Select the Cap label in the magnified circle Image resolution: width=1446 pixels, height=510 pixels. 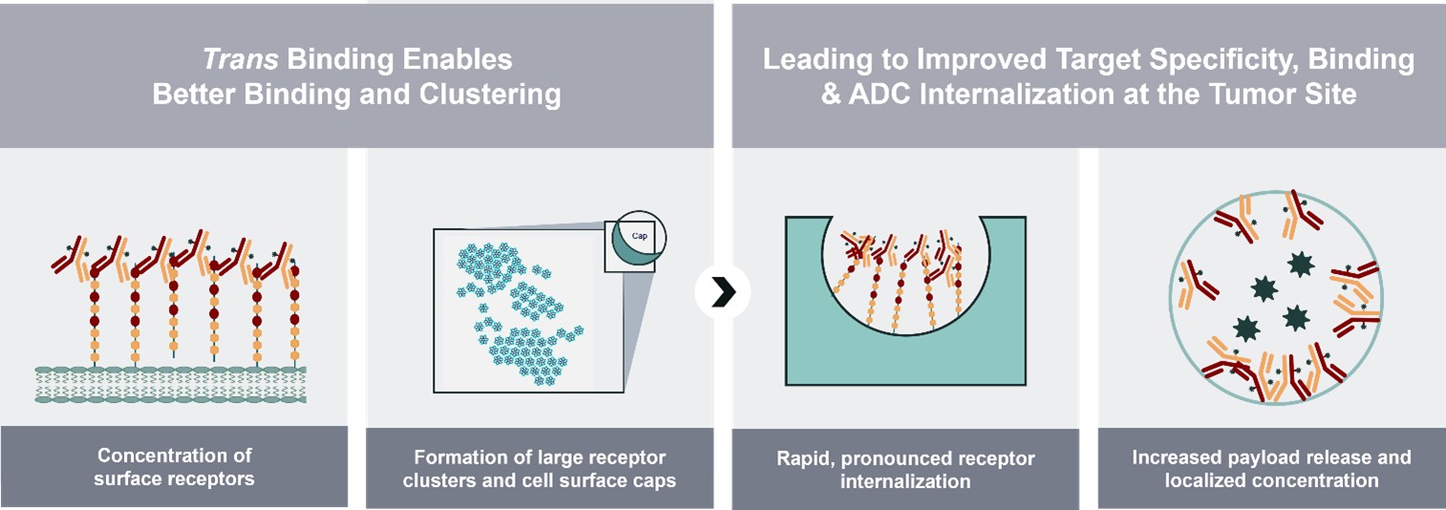pyautogui.click(x=641, y=234)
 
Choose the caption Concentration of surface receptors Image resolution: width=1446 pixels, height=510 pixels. pyautogui.click(x=174, y=467)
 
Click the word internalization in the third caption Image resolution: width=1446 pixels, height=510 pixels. pyautogui.click(x=904, y=481)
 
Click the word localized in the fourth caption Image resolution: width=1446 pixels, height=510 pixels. pyautogui.click(x=1206, y=480)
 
